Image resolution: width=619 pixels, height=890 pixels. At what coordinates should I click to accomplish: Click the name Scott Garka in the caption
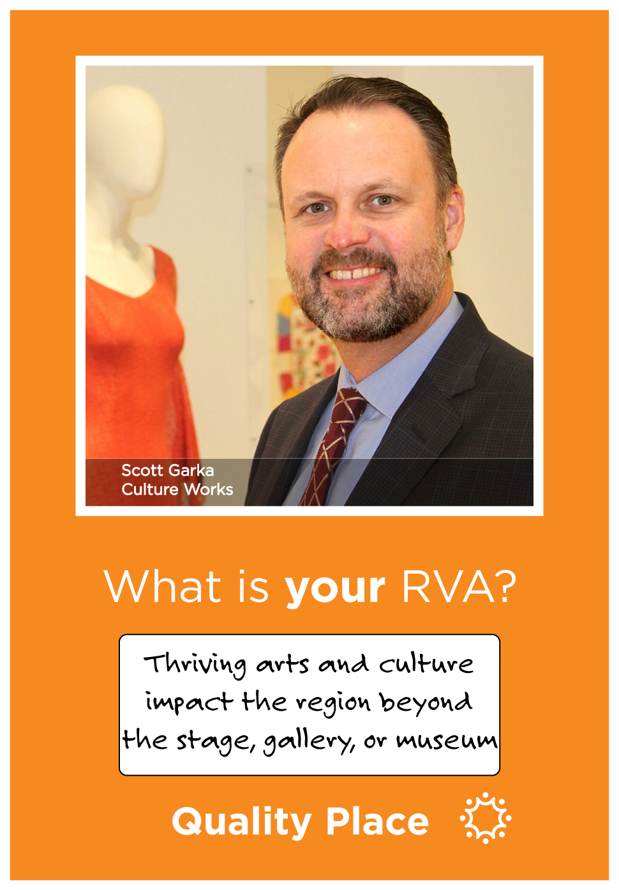click(168, 471)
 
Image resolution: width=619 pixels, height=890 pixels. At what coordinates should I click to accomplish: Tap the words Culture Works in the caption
click(177, 490)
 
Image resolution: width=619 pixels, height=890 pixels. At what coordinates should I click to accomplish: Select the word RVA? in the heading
click(459, 586)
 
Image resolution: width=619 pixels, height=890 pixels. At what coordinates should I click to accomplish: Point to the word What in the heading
click(162, 586)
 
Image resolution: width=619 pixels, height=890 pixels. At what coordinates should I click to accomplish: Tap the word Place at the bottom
click(378, 821)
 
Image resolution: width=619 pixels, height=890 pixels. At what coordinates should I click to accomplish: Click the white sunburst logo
click(485, 818)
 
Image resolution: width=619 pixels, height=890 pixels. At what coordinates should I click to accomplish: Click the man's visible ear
click(454, 220)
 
